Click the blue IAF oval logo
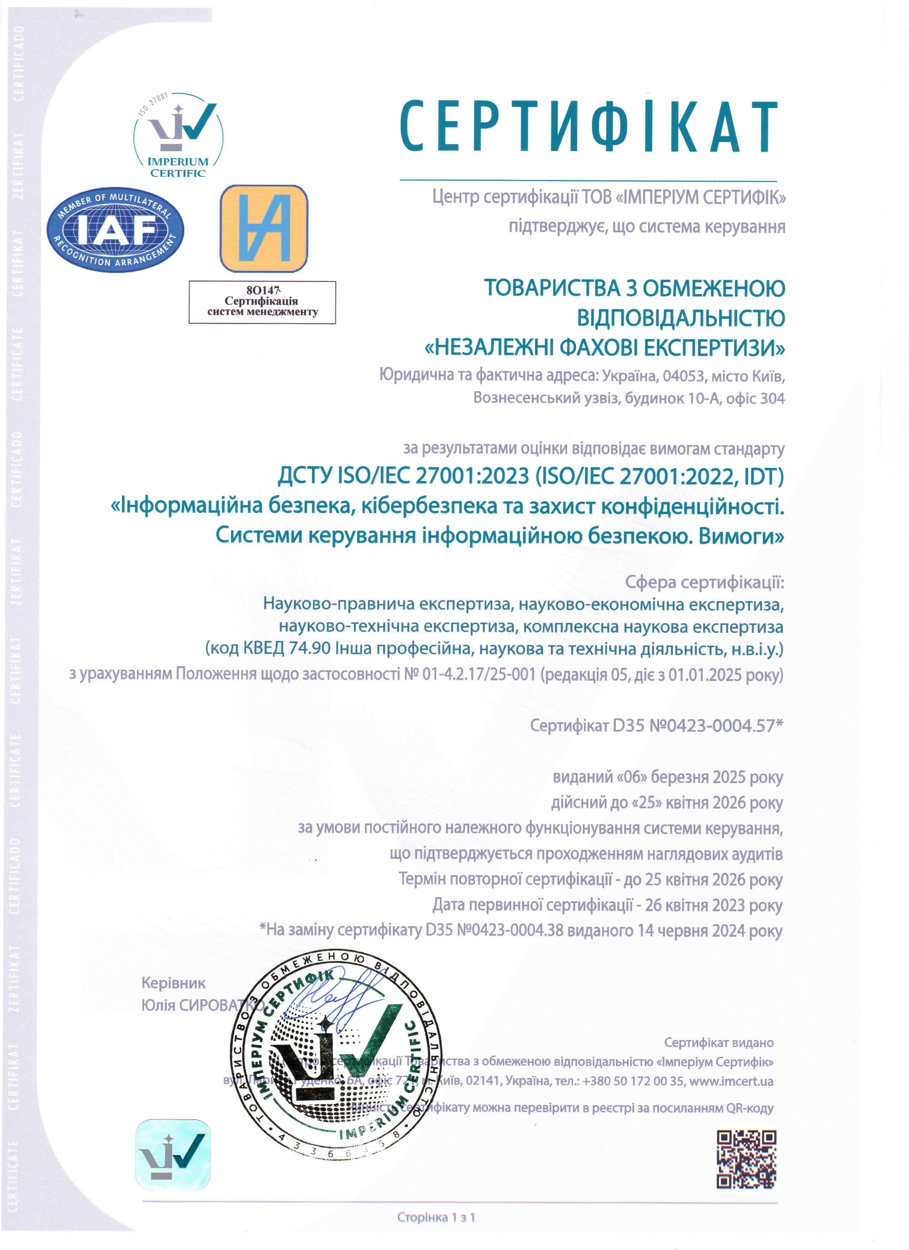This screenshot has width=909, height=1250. (x=115, y=229)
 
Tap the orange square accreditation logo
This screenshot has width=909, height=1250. (x=263, y=228)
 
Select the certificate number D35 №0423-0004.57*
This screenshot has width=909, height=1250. (x=697, y=725)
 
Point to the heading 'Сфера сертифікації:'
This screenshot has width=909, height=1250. (x=704, y=582)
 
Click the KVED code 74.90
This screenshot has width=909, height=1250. (x=309, y=648)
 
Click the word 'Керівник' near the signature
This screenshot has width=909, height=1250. (x=173, y=983)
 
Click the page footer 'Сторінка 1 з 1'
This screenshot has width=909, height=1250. (x=436, y=1217)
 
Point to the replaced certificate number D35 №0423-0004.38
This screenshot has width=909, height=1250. (x=494, y=930)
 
